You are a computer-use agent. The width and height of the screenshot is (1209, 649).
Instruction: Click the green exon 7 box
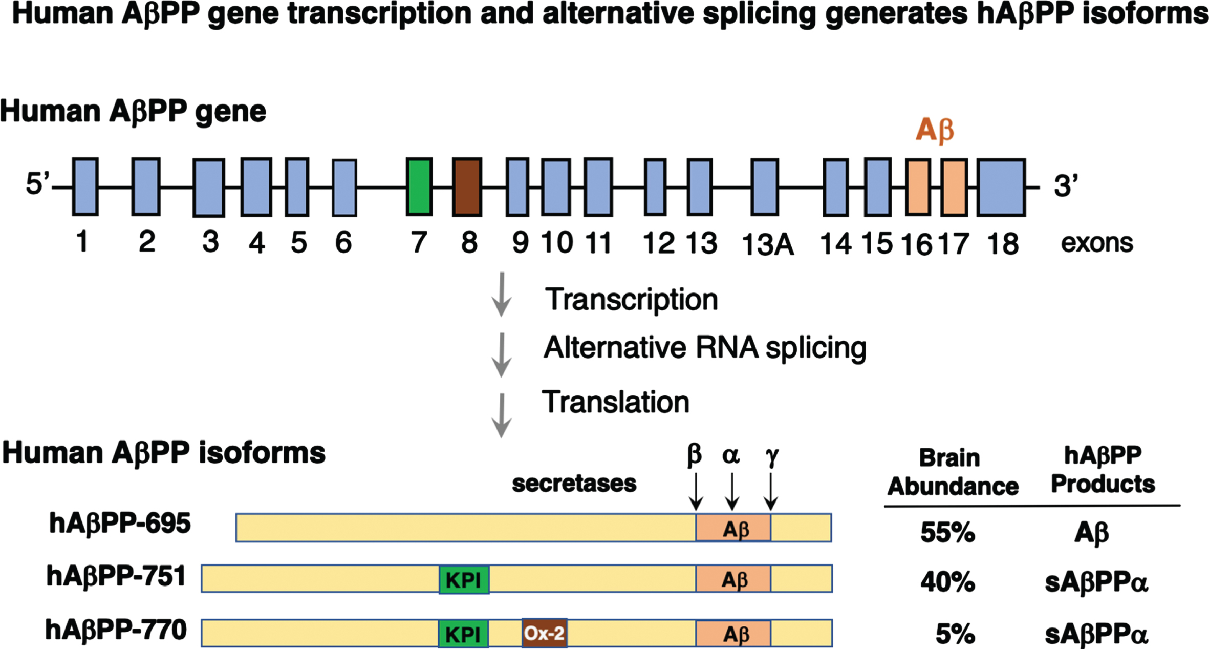pyautogui.click(x=419, y=186)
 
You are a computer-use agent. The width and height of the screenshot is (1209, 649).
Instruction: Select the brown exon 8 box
pyautogui.click(x=467, y=186)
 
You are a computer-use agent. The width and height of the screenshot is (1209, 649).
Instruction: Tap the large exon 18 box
pyautogui.click(x=1001, y=187)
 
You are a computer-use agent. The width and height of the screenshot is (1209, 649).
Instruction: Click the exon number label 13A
pyautogui.click(x=767, y=244)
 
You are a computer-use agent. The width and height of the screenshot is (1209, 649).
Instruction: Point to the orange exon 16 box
pyautogui.click(x=918, y=187)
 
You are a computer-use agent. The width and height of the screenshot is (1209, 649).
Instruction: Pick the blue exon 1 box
pyautogui.click(x=85, y=186)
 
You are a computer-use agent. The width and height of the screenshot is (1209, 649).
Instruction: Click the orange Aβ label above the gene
pyautogui.click(x=935, y=130)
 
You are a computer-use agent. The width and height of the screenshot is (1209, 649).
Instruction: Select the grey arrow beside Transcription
pyautogui.click(x=502, y=295)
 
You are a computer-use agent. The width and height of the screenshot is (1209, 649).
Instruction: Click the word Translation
pyautogui.click(x=616, y=402)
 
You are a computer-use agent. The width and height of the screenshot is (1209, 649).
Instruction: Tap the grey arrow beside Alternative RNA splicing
pyautogui.click(x=502, y=355)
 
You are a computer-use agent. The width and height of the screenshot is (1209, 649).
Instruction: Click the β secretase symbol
pyautogui.click(x=694, y=455)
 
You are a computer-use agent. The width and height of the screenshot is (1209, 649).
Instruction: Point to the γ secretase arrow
pyautogui.click(x=771, y=491)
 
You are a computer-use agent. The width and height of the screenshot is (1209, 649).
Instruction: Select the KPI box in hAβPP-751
pyautogui.click(x=464, y=580)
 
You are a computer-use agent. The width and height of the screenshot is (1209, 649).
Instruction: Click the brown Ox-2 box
pyautogui.click(x=545, y=633)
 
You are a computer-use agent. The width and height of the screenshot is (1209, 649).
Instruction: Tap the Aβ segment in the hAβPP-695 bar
pyautogui.click(x=733, y=528)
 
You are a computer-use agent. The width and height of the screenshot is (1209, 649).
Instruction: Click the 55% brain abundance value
pyautogui.click(x=947, y=533)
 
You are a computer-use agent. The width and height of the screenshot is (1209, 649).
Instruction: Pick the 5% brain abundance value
pyautogui.click(x=955, y=634)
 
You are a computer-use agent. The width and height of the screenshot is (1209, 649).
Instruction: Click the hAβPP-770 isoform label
pyautogui.click(x=116, y=631)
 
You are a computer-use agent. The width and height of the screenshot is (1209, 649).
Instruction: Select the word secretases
pyautogui.click(x=574, y=484)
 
